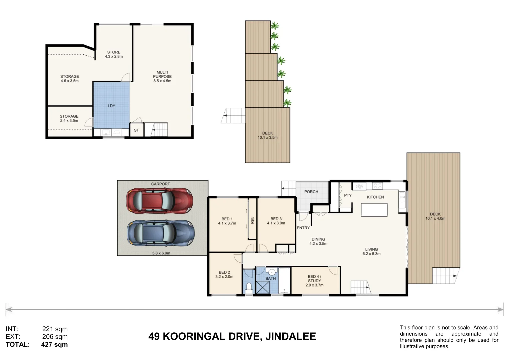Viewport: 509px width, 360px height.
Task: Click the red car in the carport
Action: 159,201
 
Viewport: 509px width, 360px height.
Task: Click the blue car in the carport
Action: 161,233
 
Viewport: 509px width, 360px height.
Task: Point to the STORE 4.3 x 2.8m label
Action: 114,54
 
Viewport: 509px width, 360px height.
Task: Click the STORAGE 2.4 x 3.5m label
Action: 69,118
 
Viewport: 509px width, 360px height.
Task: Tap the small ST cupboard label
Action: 136,130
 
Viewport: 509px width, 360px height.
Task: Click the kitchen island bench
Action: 374,210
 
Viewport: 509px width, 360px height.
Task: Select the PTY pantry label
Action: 348,195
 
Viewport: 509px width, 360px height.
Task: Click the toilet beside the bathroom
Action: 249,288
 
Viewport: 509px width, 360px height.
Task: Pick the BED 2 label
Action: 224,274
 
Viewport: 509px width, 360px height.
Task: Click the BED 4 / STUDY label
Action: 314,281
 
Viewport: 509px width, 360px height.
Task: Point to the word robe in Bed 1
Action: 252,220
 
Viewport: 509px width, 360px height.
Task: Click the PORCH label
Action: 311,192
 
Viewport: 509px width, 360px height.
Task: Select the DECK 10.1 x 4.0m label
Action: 435,216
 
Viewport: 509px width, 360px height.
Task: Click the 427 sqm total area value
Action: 54,345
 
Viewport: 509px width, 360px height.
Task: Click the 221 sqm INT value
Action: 55,329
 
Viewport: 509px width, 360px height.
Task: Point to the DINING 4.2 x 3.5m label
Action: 318,241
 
